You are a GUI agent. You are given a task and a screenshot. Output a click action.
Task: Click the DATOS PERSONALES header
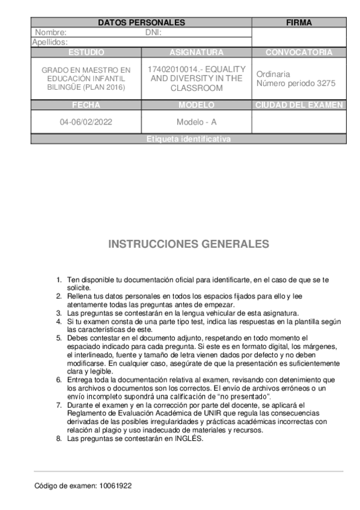[141, 23]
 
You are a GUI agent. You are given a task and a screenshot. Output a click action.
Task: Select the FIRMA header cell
[299, 23]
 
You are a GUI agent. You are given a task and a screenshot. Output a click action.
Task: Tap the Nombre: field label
[50, 32]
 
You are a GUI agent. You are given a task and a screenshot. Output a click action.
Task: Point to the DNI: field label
[154, 32]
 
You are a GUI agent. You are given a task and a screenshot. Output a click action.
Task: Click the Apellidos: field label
[49, 42]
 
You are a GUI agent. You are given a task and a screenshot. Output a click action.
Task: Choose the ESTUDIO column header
[86, 52]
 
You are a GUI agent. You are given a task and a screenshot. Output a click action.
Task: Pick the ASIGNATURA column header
[197, 52]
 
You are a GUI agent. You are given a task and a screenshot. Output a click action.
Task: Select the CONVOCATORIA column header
[299, 52]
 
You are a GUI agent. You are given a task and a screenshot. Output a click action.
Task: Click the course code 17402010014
[171, 69]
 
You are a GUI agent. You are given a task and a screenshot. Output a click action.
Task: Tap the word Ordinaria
[273, 74]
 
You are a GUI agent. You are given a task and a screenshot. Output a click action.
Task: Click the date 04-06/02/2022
[86, 122]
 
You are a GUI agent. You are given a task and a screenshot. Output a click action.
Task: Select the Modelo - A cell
[197, 122]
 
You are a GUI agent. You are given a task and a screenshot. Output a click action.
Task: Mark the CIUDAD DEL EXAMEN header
[299, 105]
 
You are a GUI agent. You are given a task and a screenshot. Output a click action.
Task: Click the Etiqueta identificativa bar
[188, 139]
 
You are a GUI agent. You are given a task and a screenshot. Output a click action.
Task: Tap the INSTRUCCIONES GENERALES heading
[189, 244]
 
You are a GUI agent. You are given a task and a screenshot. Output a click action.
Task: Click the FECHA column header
[86, 105]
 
